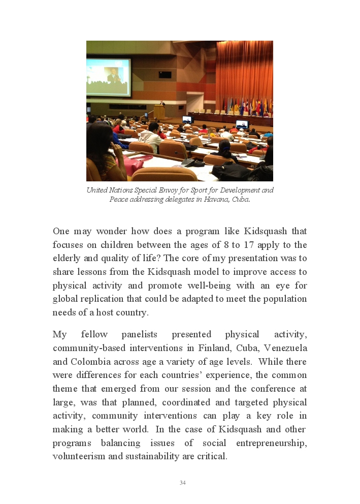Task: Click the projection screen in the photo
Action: [x=108, y=77]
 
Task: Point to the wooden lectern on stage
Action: [x=159, y=112]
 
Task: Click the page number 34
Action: [x=182, y=483]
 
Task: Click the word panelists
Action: [x=139, y=334]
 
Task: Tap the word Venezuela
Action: [x=285, y=348]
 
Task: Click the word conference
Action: [x=274, y=389]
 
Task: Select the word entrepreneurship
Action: [x=271, y=443]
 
